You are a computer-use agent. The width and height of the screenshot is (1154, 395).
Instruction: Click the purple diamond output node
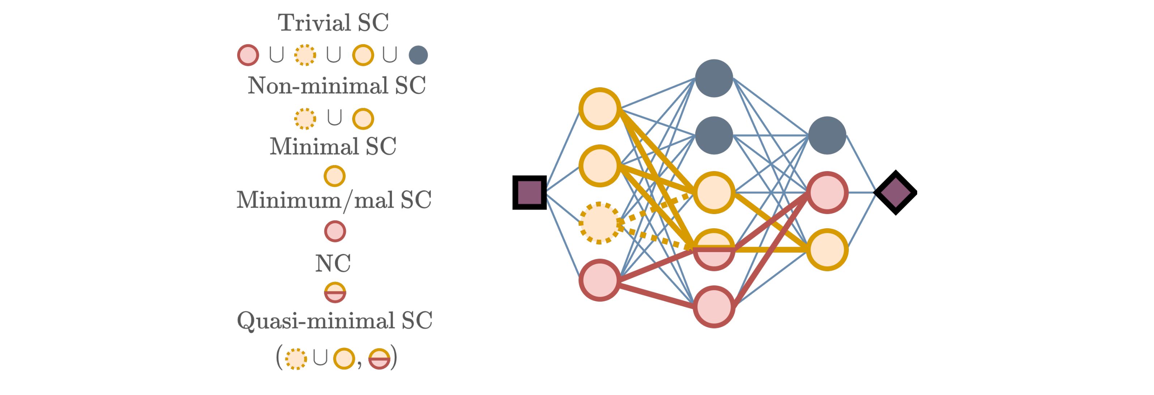pyautogui.click(x=895, y=192)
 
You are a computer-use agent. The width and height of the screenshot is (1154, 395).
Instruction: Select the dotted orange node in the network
pyautogui.click(x=599, y=223)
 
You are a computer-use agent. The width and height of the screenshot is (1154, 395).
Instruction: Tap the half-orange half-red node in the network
pyautogui.click(x=714, y=250)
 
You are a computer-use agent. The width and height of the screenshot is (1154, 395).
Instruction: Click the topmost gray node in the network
pyautogui.click(x=714, y=78)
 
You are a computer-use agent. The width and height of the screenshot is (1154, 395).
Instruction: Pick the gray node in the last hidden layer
pyautogui.click(x=827, y=135)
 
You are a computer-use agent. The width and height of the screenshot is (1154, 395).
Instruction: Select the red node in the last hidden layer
pyautogui.click(x=827, y=192)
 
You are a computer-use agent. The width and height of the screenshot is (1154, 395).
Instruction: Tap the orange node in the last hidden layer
pyautogui.click(x=827, y=250)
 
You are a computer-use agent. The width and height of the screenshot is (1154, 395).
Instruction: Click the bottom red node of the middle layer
pyautogui.click(x=714, y=307)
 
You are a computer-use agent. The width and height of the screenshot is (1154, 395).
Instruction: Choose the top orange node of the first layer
pyautogui.click(x=599, y=109)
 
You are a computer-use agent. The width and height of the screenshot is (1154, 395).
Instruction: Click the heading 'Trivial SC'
pyautogui.click(x=333, y=22)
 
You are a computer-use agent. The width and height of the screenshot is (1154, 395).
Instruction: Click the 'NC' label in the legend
pyautogui.click(x=333, y=263)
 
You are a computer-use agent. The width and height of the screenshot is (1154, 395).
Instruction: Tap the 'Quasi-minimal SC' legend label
pyautogui.click(x=334, y=320)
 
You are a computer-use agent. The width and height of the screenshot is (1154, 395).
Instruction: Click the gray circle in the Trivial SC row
pyautogui.click(x=418, y=55)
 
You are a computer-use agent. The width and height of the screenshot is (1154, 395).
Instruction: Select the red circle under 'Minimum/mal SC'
pyautogui.click(x=335, y=232)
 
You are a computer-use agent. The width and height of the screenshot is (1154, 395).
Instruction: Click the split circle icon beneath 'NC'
pyautogui.click(x=335, y=292)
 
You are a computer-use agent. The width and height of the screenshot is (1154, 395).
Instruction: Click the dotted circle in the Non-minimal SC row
pyautogui.click(x=305, y=118)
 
